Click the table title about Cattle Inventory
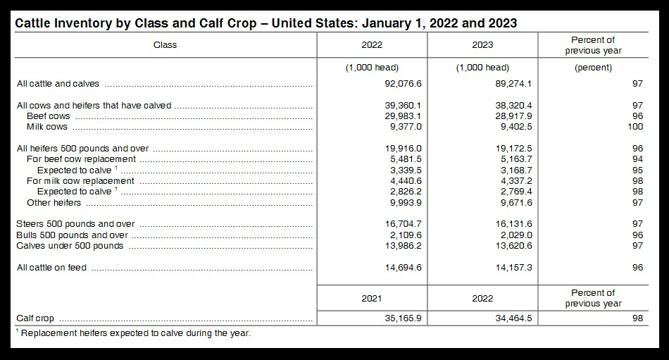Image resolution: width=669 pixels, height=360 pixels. tap(266, 23)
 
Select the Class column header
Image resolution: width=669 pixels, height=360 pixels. tap(165, 45)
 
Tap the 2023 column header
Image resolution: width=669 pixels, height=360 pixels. tap(482, 45)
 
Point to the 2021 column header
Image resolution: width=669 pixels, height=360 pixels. tap(372, 298)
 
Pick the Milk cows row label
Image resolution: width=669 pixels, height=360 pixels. tap(47, 127)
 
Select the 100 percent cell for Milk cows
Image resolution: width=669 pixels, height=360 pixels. tap(635, 127)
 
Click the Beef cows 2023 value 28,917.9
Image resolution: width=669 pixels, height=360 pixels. tap(509, 116)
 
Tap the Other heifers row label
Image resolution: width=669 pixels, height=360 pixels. tap(54, 203)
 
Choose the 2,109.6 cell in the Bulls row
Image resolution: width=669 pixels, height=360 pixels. tap(401, 235)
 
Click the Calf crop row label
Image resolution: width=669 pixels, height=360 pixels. tap(35, 318)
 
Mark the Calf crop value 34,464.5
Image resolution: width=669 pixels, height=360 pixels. tap(509, 318)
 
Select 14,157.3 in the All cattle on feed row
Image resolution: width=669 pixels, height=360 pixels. tap(509, 268)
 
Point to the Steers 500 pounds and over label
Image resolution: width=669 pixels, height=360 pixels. tap(75, 224)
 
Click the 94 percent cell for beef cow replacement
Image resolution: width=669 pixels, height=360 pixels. tap(637, 159)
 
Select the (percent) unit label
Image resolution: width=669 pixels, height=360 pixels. tap(593, 68)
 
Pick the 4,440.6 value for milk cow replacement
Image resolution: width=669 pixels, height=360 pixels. tap(401, 181)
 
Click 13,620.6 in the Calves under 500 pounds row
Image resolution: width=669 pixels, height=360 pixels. tap(509, 246)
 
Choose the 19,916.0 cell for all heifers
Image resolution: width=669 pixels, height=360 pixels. tap(399, 149)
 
